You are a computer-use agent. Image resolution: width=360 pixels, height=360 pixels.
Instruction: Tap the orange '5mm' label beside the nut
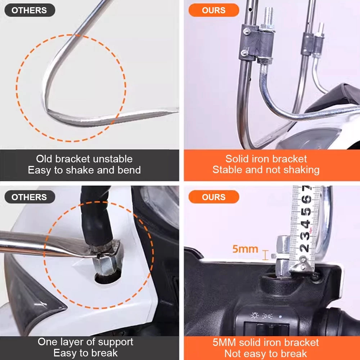point(245,249)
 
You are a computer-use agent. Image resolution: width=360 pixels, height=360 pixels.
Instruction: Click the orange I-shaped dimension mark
point(265,255)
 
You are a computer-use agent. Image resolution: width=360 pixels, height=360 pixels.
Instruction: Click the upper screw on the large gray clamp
point(247,31)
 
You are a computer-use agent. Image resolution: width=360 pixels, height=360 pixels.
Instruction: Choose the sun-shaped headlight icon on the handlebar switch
point(255,315)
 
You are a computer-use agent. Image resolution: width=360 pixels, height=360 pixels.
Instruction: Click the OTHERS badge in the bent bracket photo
point(30,10)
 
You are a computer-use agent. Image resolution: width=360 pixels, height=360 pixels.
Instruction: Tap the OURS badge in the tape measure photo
point(214,197)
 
